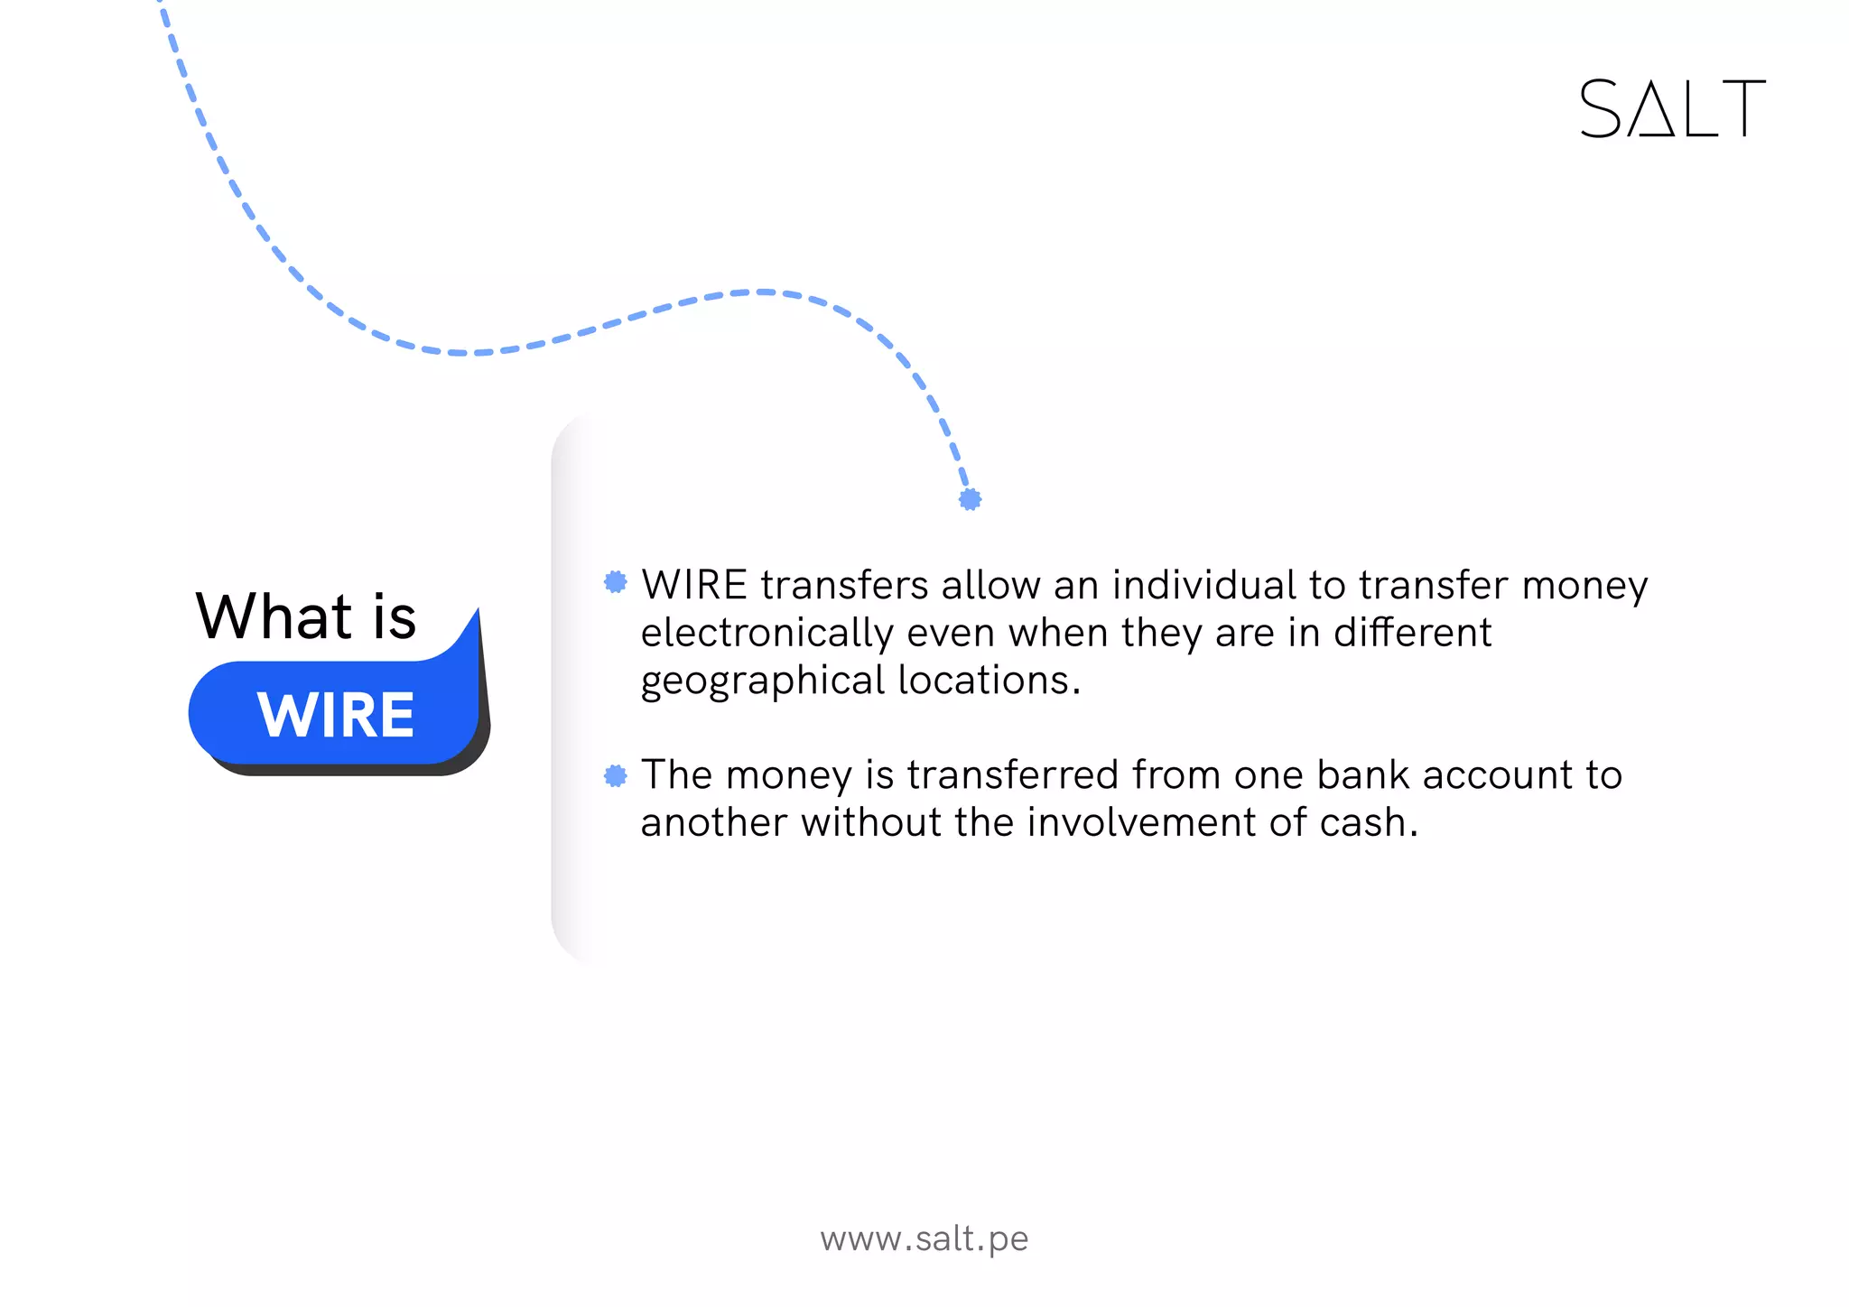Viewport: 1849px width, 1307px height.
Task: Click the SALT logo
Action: [1672, 108]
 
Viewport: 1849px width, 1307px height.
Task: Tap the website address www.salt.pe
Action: [924, 1238]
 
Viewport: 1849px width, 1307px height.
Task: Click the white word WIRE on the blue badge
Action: [336, 715]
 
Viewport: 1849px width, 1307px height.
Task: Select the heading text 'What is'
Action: [306, 617]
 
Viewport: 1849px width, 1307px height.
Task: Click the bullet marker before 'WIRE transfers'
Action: [616, 582]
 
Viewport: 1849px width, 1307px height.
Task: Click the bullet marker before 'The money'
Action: [616, 775]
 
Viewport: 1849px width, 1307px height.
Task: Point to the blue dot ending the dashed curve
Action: [971, 499]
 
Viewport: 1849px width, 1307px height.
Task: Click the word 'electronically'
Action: [767, 634]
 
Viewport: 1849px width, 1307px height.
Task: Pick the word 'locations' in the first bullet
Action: [983, 681]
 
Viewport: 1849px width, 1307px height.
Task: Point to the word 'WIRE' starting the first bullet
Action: [694, 585]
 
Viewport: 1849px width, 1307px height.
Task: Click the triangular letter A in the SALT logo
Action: [1656, 110]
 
